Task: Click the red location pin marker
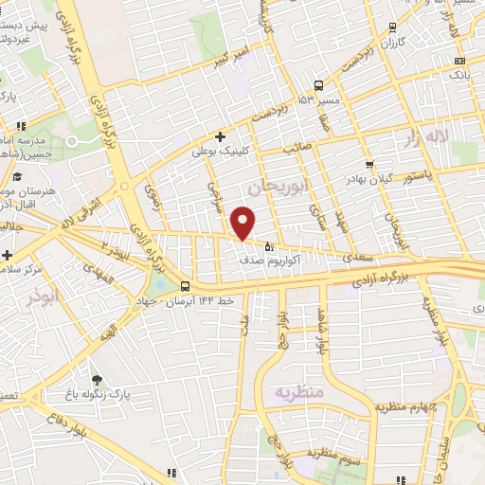click(x=243, y=223)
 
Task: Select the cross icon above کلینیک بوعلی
click(x=220, y=135)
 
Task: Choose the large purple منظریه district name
click(x=298, y=391)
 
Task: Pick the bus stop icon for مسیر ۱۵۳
click(x=319, y=83)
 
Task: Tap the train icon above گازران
click(x=393, y=29)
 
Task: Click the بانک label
click(x=459, y=73)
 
